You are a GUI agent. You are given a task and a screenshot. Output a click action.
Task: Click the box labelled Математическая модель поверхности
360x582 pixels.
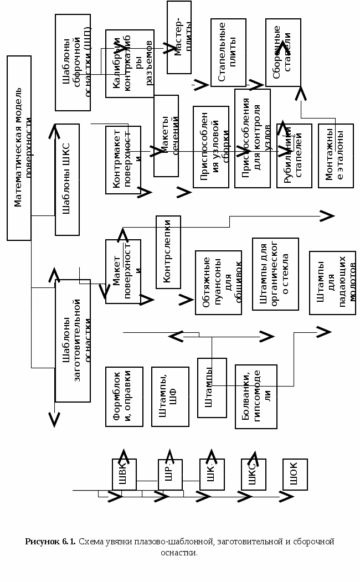(19, 148)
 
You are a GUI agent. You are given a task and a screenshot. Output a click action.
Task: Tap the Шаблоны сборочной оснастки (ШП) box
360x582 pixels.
(73, 62)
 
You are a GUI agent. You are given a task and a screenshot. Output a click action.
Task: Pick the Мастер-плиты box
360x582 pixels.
(179, 37)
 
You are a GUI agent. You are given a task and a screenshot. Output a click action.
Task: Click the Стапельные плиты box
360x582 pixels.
(228, 52)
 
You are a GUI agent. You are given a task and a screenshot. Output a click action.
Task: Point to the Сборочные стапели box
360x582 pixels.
(283, 52)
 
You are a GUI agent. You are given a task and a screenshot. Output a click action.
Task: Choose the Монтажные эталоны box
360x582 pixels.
(336, 156)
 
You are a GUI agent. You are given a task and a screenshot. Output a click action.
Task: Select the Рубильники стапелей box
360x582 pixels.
(294, 156)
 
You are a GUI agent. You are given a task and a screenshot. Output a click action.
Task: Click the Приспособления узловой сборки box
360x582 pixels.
(210, 147)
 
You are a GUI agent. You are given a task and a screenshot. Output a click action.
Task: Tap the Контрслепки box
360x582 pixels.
(168, 252)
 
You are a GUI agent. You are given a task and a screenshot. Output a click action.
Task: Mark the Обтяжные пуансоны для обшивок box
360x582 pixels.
(218, 282)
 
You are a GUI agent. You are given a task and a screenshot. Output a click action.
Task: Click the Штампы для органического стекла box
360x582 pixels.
(275, 274)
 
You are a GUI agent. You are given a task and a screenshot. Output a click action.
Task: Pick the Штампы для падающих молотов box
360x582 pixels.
(332, 282)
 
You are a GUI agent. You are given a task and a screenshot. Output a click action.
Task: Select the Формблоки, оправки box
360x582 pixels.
(124, 396)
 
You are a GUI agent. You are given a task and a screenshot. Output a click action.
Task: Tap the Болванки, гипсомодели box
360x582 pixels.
(256, 396)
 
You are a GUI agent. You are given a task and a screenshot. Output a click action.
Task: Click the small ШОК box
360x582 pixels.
(295, 474)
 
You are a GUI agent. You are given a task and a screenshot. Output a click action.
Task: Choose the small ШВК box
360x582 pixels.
(124, 474)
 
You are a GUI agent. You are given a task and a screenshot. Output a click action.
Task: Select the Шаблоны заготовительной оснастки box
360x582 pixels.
(73, 341)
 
